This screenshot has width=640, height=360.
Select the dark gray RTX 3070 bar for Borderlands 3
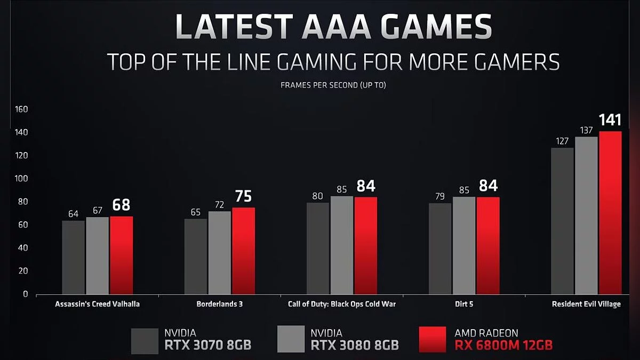tap(195, 256)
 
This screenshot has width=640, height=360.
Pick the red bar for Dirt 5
tap(488, 245)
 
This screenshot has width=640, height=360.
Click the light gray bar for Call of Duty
tap(341, 245)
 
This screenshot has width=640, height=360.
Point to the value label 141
tap(610, 120)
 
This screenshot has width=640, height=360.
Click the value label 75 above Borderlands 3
tap(243, 196)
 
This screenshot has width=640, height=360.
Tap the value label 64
tap(73, 213)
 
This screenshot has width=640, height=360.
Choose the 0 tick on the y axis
tap(25, 294)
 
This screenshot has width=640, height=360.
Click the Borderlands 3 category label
tap(219, 305)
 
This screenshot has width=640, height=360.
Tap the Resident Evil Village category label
tap(587, 305)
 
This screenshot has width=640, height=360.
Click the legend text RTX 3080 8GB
tap(355, 345)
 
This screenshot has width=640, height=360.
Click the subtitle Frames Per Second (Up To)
tap(333, 85)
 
